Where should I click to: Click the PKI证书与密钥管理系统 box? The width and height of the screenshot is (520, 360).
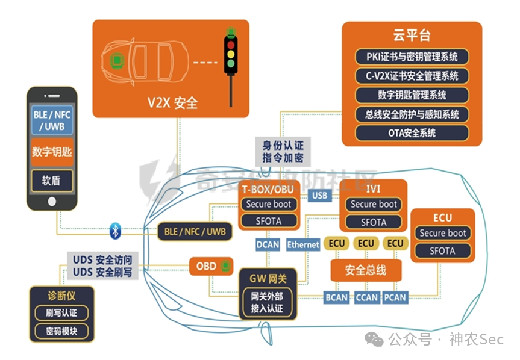coord(412,57)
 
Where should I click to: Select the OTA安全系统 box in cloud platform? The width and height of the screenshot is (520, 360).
coord(412,133)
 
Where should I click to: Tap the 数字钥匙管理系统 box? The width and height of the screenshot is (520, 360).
coord(412,95)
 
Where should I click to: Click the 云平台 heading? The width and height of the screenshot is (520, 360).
coord(412,35)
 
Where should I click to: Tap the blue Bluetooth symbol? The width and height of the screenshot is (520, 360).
coord(116,229)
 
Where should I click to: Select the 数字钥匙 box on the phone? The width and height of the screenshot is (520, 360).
coord(52,152)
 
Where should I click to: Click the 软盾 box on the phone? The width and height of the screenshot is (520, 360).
coord(52,181)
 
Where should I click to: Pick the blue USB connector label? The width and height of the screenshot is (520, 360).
coord(319,195)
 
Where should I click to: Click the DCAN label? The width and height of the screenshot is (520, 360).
coord(268,244)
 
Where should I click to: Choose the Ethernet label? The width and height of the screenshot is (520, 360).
coord(303,244)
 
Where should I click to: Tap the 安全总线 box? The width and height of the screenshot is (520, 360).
coord(365,270)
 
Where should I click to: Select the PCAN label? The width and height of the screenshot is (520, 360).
coord(395,297)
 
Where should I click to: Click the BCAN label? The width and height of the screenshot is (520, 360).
coord(337,297)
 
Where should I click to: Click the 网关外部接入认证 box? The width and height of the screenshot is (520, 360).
coord(267,302)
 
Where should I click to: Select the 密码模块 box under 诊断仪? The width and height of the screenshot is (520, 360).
coord(61,331)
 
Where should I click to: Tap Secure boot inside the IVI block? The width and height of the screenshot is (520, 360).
coord(374,205)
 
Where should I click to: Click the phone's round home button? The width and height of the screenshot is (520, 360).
coord(52,200)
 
